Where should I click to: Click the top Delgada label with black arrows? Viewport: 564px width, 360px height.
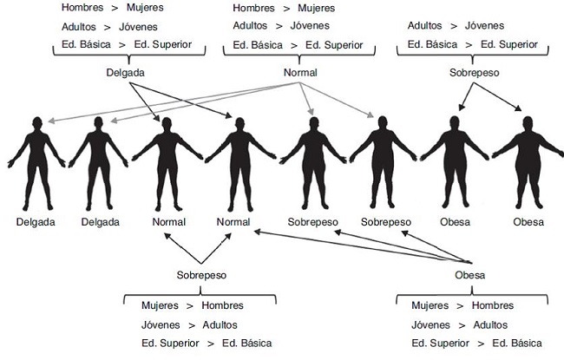[x=125, y=74]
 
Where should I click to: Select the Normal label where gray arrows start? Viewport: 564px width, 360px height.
[x=299, y=74]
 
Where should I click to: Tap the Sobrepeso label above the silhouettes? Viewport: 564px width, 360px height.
[x=473, y=74]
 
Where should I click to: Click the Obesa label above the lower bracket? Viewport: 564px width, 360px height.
[x=470, y=275]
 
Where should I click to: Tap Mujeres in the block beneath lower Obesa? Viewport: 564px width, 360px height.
[x=430, y=305]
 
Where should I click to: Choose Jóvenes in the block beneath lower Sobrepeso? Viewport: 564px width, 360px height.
[x=161, y=324]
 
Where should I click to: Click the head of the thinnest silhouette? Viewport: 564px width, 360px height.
[x=35, y=122]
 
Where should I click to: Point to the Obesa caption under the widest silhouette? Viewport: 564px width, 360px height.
[x=528, y=222]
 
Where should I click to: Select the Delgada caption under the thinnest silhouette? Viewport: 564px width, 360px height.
[x=36, y=222]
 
